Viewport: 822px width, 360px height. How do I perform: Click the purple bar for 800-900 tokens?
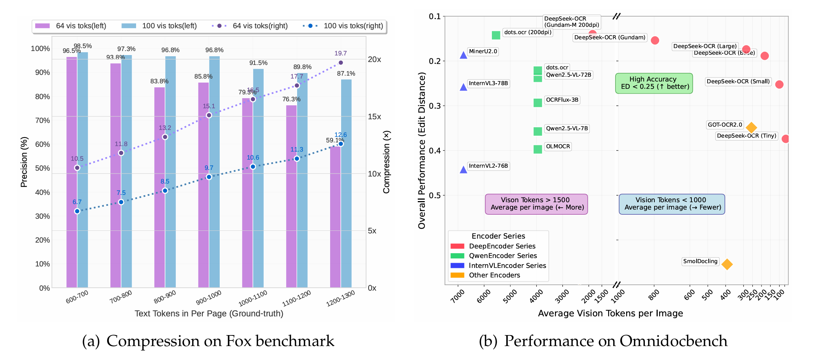tap(160, 187)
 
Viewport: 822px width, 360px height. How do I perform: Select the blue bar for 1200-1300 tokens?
tap(346, 183)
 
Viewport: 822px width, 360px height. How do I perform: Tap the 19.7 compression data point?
tap(341, 63)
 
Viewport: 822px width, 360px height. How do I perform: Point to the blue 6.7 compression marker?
tap(77, 211)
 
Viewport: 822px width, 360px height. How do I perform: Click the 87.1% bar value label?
tap(346, 74)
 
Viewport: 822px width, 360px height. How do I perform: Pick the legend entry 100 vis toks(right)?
tap(343, 26)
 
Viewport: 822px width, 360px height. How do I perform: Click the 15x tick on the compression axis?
tap(375, 117)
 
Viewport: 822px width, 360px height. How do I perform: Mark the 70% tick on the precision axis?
tap(43, 121)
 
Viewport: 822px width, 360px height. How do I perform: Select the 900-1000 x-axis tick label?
tap(208, 298)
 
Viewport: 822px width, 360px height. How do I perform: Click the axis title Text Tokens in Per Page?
tap(209, 314)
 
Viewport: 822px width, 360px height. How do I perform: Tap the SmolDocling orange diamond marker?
tap(727, 264)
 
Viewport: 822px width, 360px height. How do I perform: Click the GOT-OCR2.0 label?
tap(725, 125)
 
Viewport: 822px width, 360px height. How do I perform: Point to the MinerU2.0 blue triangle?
tap(464, 55)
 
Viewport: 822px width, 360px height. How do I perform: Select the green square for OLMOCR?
tap(538, 149)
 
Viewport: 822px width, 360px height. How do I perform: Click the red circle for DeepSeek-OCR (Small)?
tap(779, 84)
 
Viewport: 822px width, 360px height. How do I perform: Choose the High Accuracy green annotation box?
tap(654, 83)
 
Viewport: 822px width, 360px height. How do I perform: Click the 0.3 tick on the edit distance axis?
tap(435, 106)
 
